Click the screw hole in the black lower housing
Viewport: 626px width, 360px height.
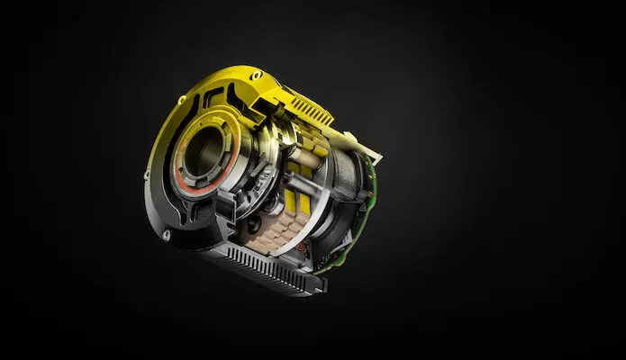(x=167, y=235)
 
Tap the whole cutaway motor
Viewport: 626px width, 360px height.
(x=261, y=180)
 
